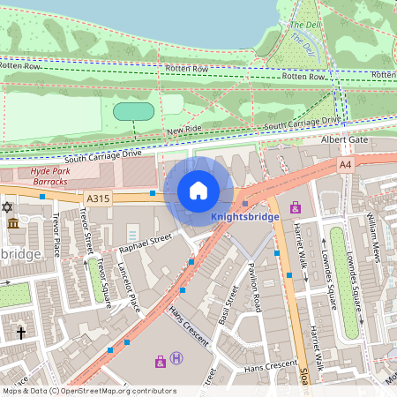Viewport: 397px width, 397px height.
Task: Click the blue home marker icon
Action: pos(198,190)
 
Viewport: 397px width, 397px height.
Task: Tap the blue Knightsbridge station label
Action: pos(245,216)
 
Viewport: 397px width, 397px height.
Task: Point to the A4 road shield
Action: pos(345,164)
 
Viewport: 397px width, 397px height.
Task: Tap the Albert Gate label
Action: pos(344,139)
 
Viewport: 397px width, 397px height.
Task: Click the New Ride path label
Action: pos(184,131)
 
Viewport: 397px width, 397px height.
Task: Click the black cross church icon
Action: pos(22,333)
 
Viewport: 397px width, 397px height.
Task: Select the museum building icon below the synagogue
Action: pos(13,224)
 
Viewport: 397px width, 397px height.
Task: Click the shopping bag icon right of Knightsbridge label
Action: pos(295,208)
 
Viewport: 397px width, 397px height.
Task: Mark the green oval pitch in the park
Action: pos(135,111)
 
